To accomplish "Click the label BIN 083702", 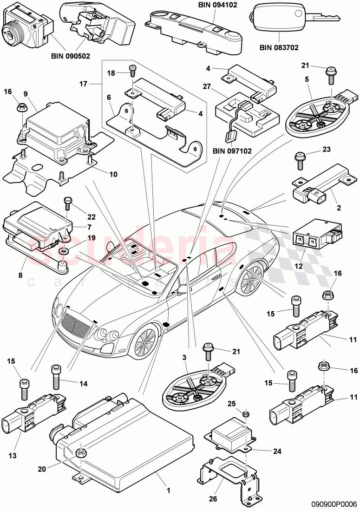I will click(279, 47).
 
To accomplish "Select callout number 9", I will click(26, 94).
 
